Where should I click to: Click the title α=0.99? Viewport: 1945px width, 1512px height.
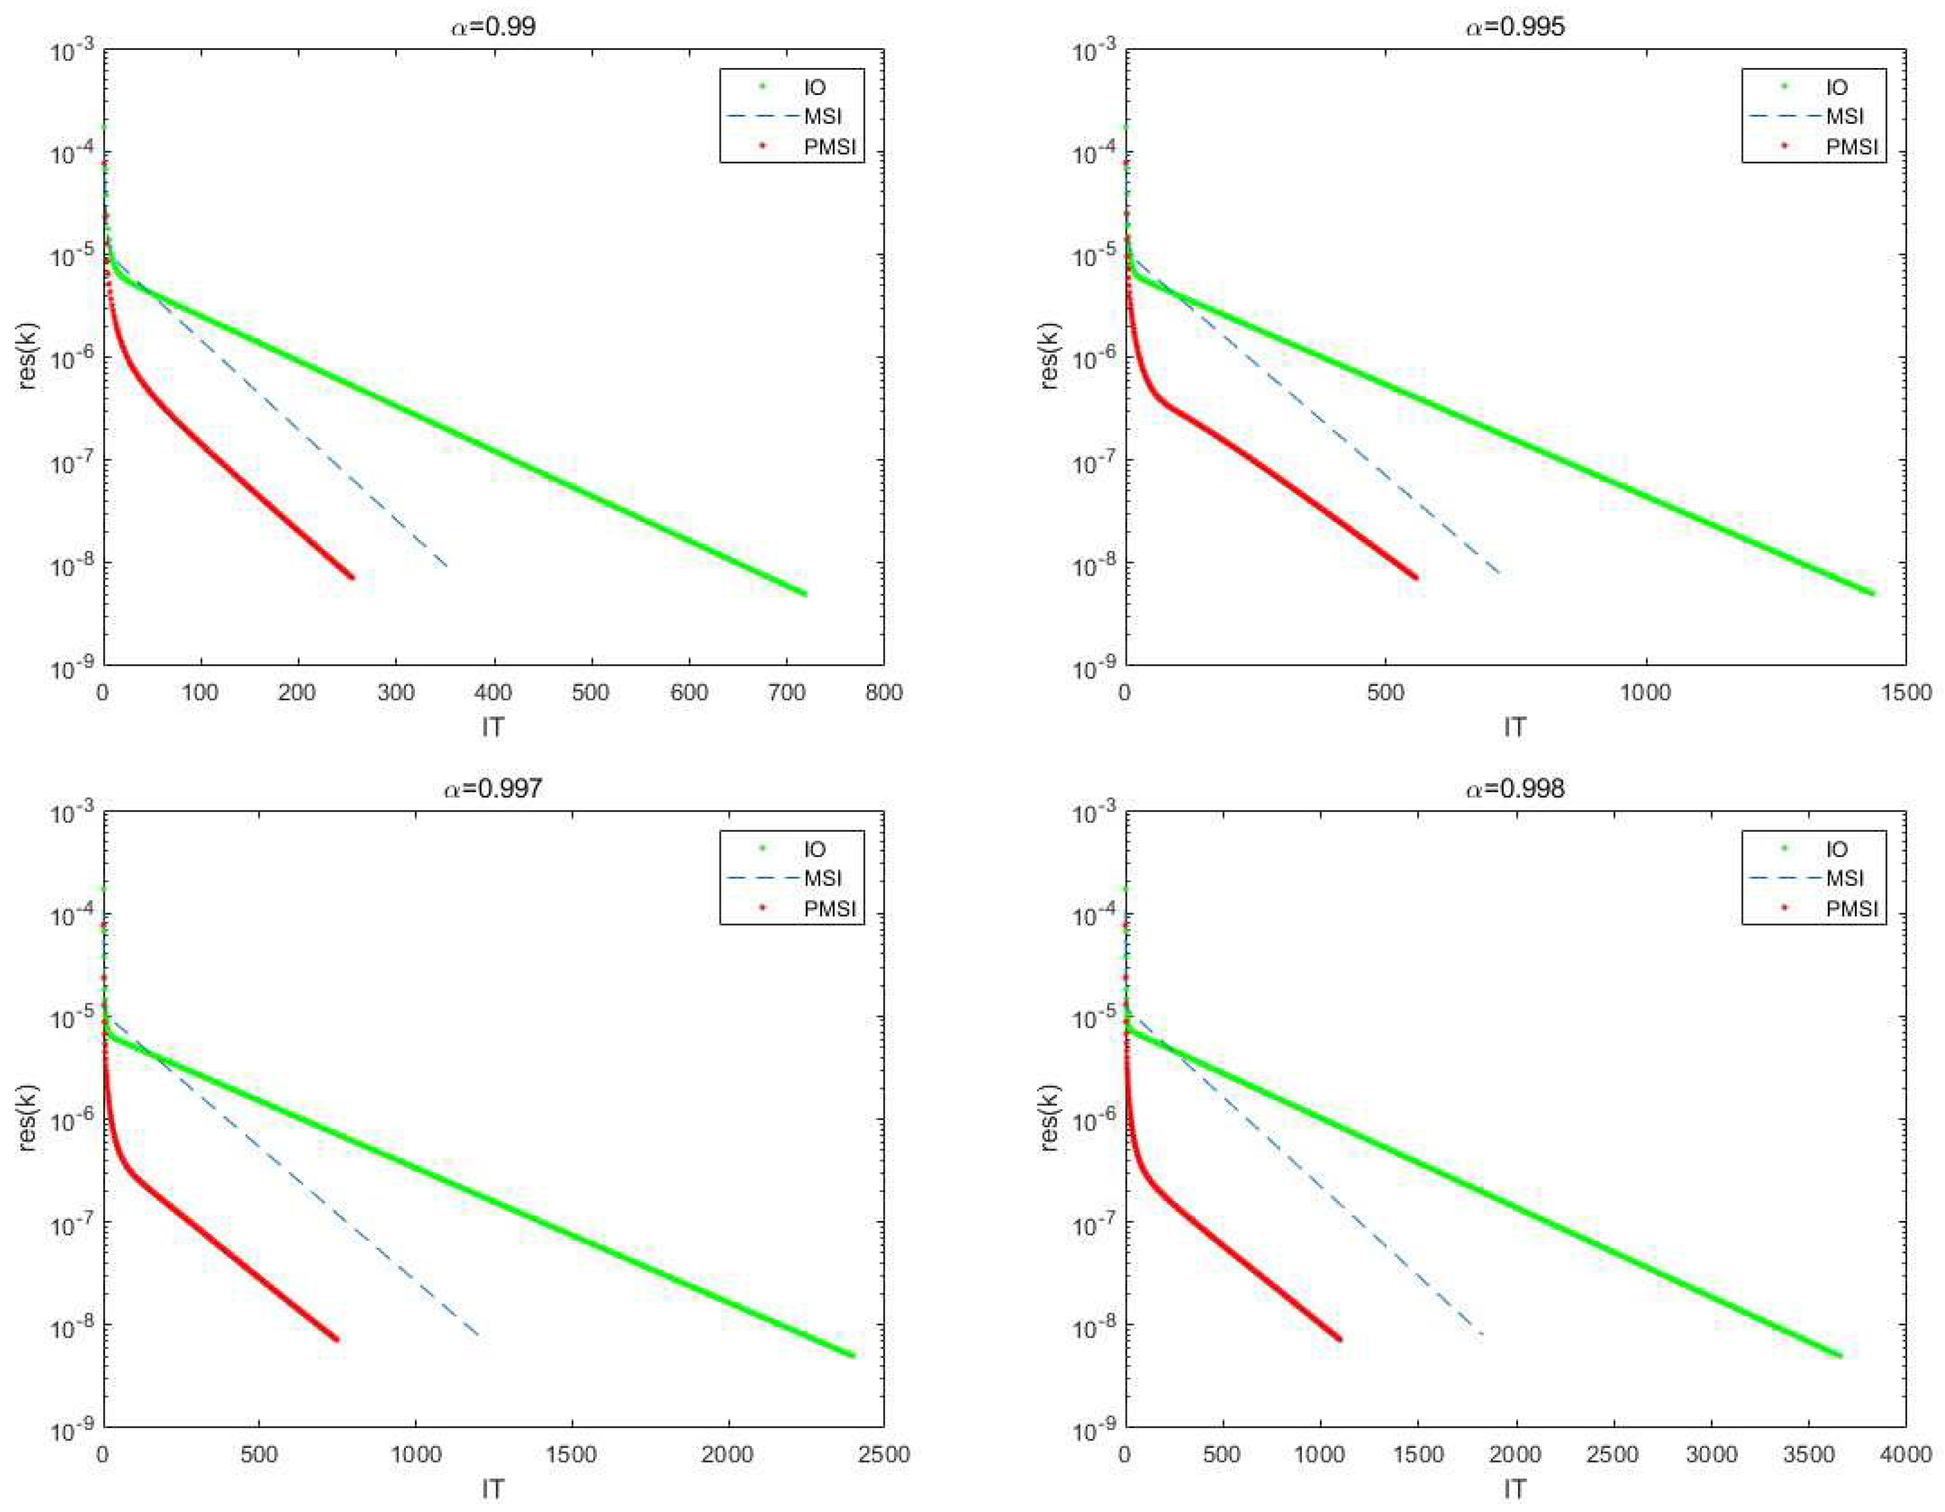(493, 26)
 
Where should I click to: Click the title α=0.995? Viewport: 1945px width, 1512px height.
(1515, 26)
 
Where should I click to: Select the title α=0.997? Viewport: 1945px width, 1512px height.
(493, 788)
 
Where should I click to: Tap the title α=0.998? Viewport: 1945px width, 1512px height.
(1515, 788)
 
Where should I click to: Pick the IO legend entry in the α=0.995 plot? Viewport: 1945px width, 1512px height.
(1837, 87)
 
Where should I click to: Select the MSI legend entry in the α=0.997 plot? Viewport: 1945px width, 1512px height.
(821, 878)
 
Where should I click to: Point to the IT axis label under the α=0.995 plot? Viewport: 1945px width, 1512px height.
(1515, 728)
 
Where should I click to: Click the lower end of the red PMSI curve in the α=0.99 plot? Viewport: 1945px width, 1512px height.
(352, 577)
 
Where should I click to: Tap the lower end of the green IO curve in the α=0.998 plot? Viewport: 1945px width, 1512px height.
(1840, 1356)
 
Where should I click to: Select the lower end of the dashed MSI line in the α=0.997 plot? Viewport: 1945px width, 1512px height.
(479, 1335)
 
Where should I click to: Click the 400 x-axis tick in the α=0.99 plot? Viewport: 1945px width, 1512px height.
(493, 692)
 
